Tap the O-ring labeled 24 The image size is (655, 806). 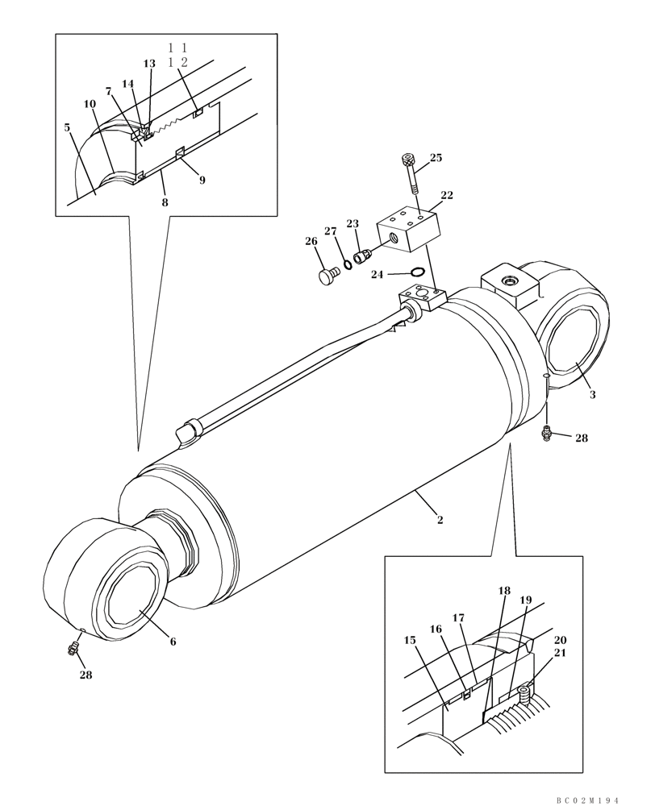tap(418, 272)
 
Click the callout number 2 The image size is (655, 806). tap(440, 520)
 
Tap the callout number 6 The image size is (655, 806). tap(173, 642)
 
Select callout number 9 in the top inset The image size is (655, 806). tap(202, 181)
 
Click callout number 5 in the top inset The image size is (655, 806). tap(68, 127)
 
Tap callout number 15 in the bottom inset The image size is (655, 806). tap(410, 640)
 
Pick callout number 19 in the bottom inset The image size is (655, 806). tap(525, 600)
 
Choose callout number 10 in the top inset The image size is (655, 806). tap(89, 104)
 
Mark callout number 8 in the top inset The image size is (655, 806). tap(165, 202)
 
